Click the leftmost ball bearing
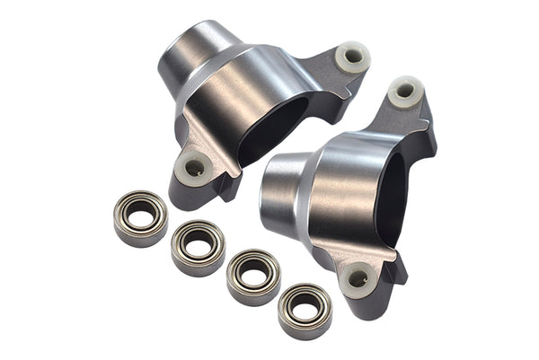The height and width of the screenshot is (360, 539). (140, 218)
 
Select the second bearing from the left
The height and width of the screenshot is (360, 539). (198, 247)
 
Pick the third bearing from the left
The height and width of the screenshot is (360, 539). (252, 277)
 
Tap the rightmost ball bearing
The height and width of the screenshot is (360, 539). (305, 311)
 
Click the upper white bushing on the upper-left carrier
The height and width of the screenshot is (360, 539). (353, 57)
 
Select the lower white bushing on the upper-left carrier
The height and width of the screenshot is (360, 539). (193, 167)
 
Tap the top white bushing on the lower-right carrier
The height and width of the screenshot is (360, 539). (406, 92)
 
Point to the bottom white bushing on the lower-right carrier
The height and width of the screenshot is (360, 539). (358, 280)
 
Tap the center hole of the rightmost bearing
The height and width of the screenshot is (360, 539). (305, 308)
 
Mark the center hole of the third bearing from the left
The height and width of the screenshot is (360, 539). (253, 274)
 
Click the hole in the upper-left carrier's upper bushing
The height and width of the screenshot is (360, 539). (354, 56)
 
